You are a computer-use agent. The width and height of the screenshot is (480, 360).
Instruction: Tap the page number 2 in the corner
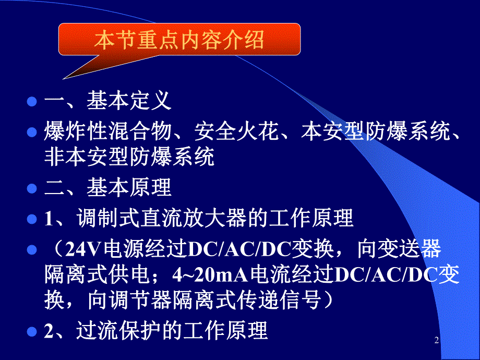click(x=437, y=341)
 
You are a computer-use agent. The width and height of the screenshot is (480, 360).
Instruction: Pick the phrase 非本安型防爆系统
click(x=129, y=156)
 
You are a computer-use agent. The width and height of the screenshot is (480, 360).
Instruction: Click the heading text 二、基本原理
click(x=107, y=188)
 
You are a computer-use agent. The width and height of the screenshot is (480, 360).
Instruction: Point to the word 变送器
click(x=409, y=249)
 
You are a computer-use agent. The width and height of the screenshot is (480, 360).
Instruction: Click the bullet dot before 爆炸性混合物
click(x=32, y=133)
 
